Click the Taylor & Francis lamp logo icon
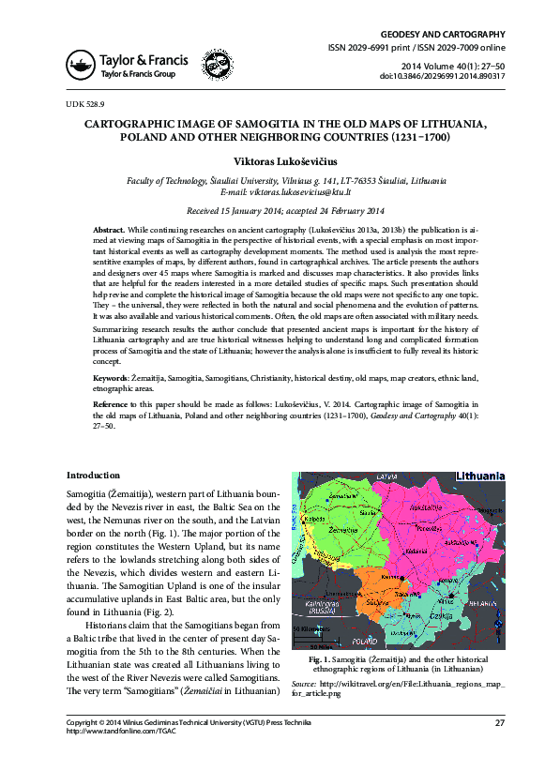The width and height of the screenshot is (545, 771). pyautogui.click(x=81, y=64)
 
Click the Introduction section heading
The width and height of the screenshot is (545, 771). pyautogui.click(x=93, y=476)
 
